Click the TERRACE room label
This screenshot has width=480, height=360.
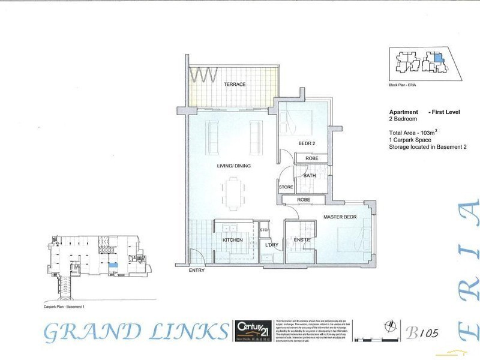click(235, 85)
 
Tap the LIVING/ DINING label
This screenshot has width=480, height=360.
click(234, 166)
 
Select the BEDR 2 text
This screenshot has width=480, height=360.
click(307, 143)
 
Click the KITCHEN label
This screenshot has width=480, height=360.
click(233, 240)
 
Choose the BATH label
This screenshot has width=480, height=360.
click(310, 176)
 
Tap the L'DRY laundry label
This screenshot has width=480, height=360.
click(272, 245)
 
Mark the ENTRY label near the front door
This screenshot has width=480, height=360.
click(196, 271)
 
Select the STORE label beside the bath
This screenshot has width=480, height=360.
click(286, 188)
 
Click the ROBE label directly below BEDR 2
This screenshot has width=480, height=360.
click(312, 159)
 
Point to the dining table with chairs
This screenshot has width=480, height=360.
click(234, 194)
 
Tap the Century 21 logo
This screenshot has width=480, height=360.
click(253, 329)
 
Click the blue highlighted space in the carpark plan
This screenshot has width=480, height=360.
click(113, 265)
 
